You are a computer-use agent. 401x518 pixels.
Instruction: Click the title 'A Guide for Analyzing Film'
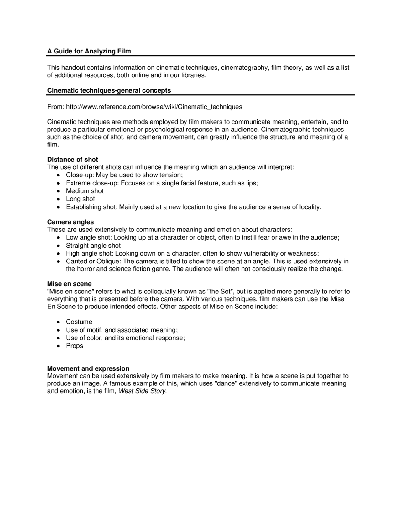click(x=89, y=51)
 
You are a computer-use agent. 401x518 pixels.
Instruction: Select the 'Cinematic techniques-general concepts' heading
click(x=109, y=90)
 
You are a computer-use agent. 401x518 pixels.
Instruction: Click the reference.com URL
click(x=154, y=107)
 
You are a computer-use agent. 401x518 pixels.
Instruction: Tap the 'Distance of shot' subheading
click(x=72, y=160)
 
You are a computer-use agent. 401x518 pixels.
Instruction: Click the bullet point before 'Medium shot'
click(x=59, y=191)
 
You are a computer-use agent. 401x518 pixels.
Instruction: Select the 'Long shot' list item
click(x=80, y=199)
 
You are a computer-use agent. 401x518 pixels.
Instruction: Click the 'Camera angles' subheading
click(x=70, y=222)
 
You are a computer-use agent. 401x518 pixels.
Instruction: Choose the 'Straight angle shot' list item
click(x=93, y=246)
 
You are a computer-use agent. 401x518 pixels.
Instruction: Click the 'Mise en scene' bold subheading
click(x=69, y=284)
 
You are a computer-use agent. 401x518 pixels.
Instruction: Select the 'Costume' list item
click(x=79, y=322)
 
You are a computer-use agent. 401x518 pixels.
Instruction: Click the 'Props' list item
click(x=74, y=346)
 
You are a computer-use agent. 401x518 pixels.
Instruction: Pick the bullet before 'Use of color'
click(x=59, y=338)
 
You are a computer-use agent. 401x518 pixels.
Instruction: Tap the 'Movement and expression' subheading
click(x=88, y=368)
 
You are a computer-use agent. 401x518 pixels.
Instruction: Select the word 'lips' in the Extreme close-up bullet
click(x=251, y=183)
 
